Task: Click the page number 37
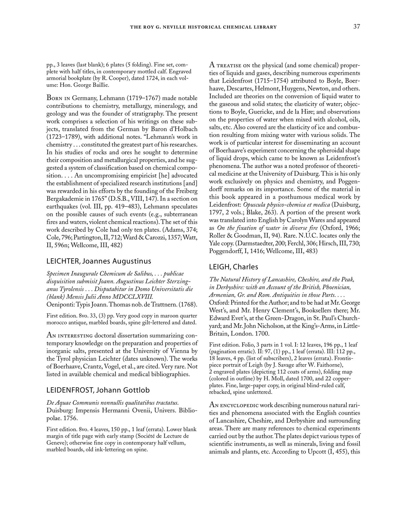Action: [356, 27]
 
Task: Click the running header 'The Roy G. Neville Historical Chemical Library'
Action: [203, 27]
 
